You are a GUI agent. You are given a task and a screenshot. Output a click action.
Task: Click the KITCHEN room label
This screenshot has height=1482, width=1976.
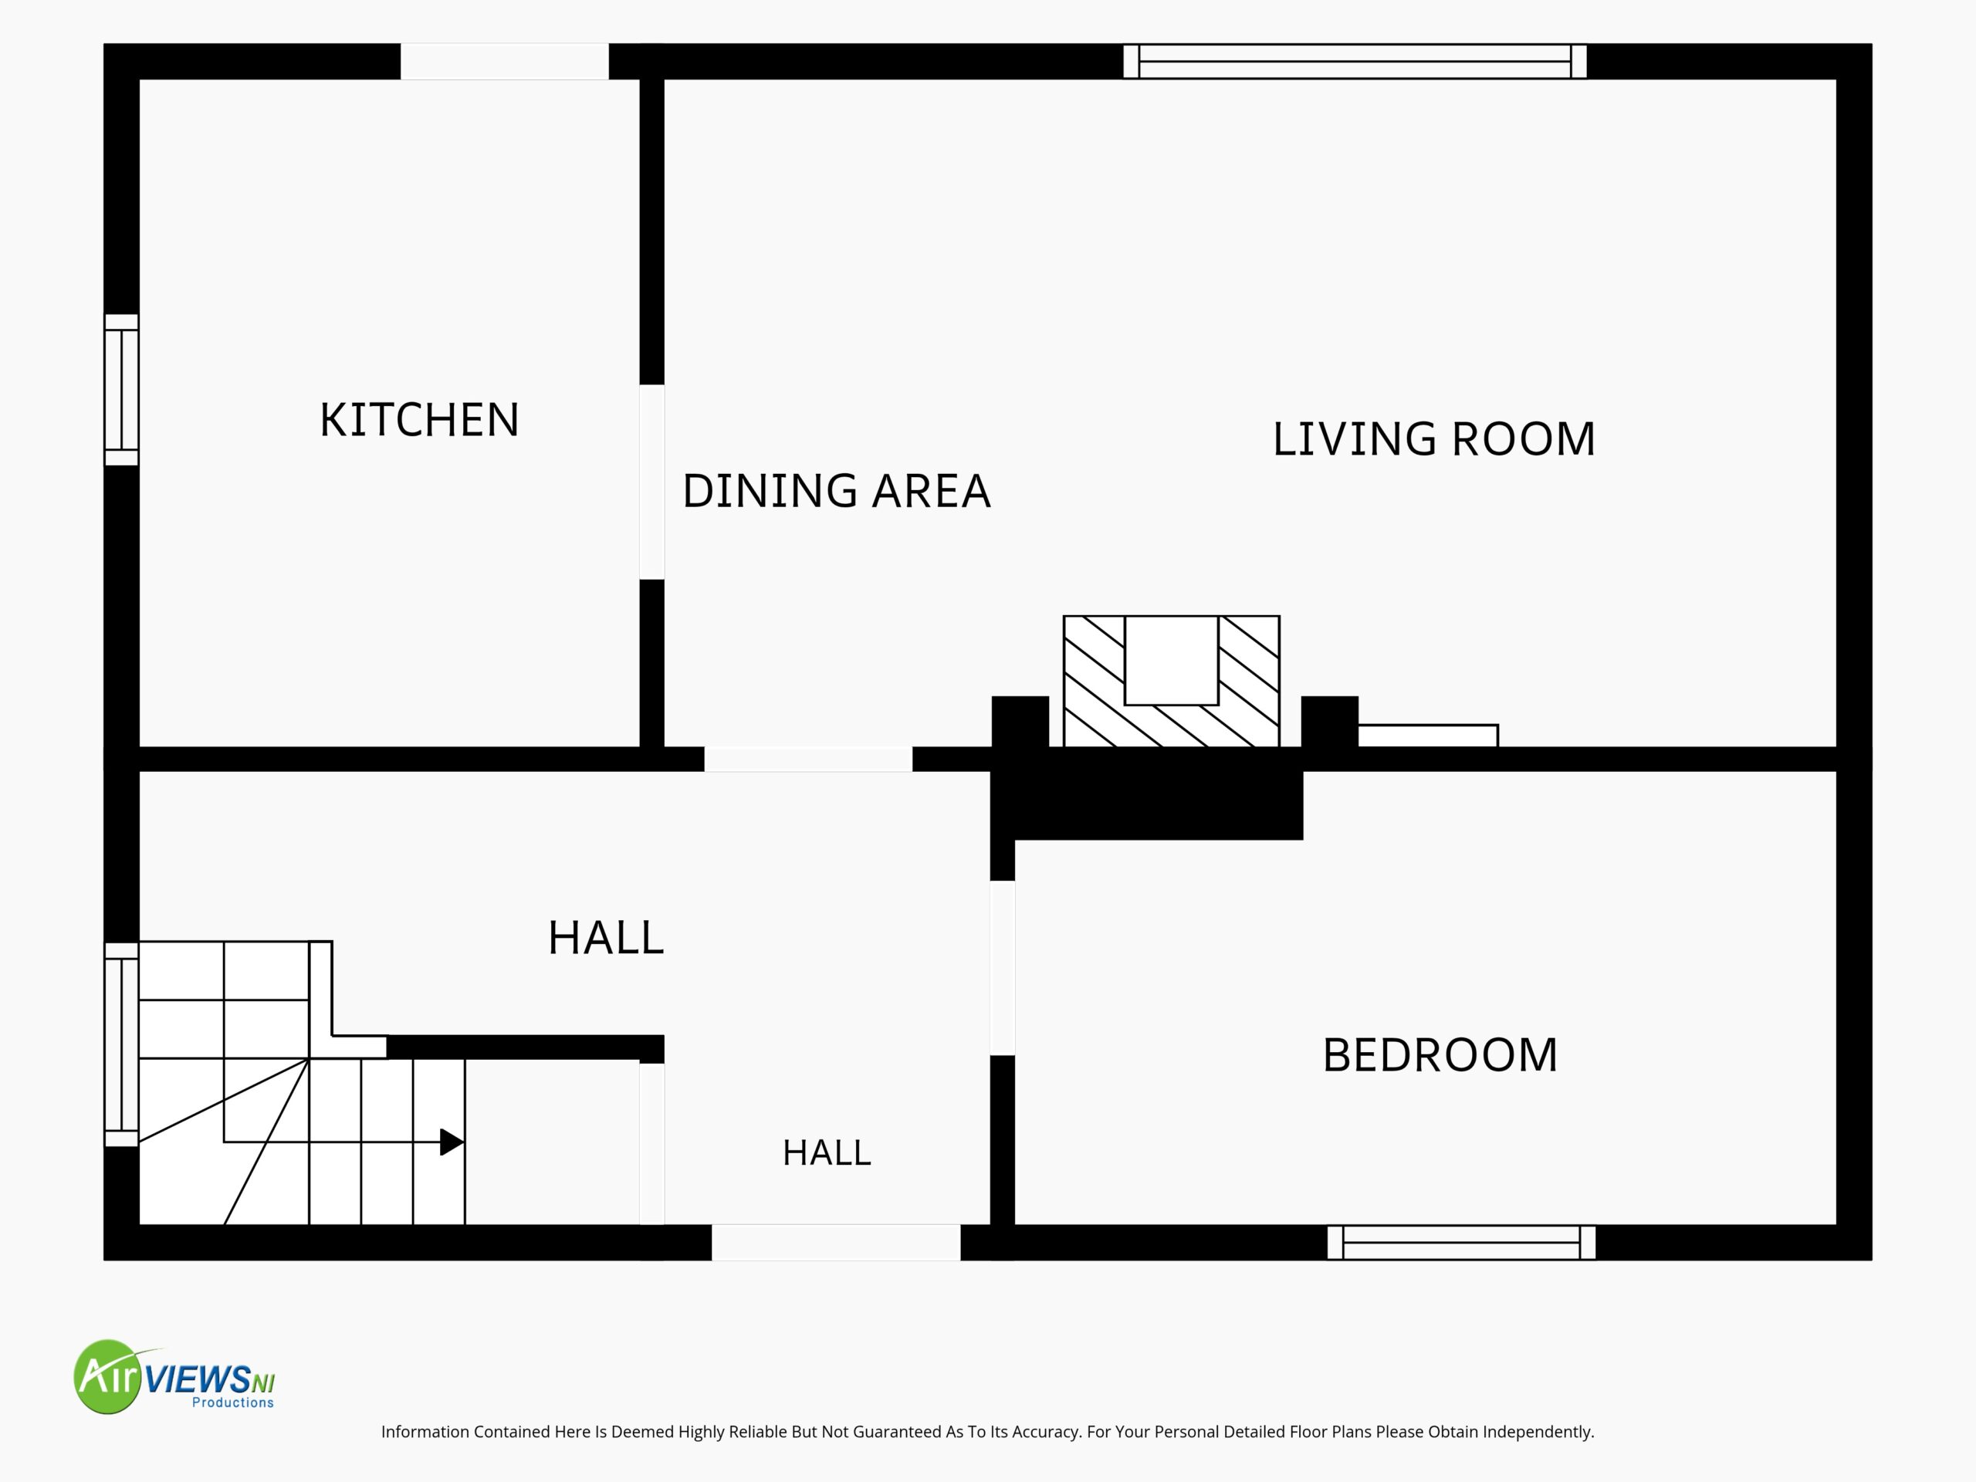pyautogui.click(x=419, y=420)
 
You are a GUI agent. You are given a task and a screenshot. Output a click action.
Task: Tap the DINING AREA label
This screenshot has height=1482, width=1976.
pyautogui.click(x=836, y=490)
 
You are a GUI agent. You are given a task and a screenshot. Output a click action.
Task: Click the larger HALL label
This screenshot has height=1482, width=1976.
pyautogui.click(x=606, y=938)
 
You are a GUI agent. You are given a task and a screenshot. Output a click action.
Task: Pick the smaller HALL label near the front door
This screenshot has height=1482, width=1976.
pyautogui.click(x=827, y=1152)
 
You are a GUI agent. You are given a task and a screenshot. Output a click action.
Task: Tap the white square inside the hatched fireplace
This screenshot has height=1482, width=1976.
pyautogui.click(x=1171, y=660)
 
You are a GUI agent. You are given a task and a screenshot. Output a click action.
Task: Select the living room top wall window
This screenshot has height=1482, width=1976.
pyautogui.click(x=1355, y=61)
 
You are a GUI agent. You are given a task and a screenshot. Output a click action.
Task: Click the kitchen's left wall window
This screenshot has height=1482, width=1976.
pyautogui.click(x=121, y=390)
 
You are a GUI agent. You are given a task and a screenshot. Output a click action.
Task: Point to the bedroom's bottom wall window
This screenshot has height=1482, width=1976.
pyautogui.click(x=1461, y=1243)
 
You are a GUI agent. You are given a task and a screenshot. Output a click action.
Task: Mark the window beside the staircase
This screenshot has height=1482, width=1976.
pyautogui.click(x=121, y=1044)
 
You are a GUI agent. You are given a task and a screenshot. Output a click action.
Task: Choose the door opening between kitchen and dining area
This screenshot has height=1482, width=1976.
pyautogui.click(x=652, y=482)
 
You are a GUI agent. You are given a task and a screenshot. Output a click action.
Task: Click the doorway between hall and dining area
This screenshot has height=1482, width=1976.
pyautogui.click(x=808, y=760)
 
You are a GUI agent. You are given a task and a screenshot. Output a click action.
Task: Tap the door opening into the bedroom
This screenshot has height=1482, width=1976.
pyautogui.click(x=1003, y=969)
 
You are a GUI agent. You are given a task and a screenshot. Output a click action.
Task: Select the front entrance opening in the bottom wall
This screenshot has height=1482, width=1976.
pyautogui.click(x=836, y=1243)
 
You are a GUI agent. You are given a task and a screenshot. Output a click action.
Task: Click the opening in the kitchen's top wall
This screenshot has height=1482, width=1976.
pyautogui.click(x=505, y=61)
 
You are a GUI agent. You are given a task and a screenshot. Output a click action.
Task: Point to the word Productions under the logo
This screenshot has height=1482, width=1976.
pyautogui.click(x=233, y=1403)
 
